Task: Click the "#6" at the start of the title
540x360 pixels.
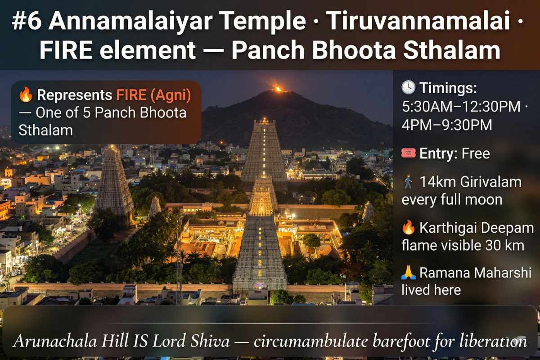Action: (28, 22)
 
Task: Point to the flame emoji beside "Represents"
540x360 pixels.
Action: (26, 95)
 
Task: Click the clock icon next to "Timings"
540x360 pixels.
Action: (408, 88)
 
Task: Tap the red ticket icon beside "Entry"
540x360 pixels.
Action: (408, 154)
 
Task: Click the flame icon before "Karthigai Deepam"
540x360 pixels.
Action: (408, 228)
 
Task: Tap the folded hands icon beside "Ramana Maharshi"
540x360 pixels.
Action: (408, 273)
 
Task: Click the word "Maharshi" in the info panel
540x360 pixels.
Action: (503, 273)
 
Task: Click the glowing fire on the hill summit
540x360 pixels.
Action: (278, 89)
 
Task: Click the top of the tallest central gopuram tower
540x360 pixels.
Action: (265, 121)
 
